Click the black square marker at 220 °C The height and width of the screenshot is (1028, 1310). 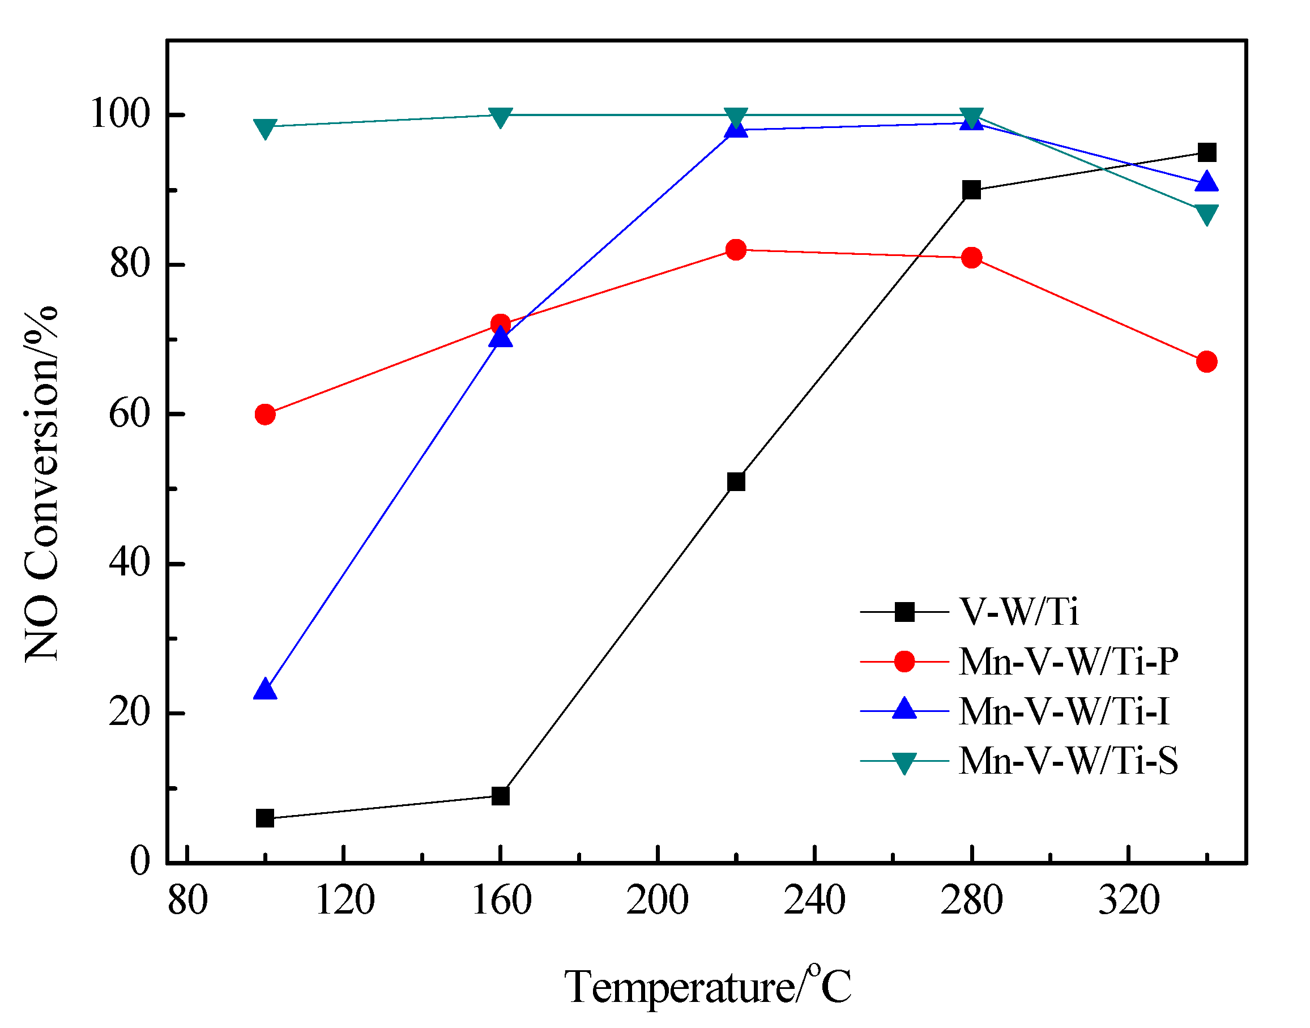point(736,481)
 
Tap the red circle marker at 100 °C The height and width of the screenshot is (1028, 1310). point(264,414)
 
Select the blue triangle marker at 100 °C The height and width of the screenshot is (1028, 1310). point(264,690)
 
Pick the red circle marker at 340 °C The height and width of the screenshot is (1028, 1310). point(1206,362)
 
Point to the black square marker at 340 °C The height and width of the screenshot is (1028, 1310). point(1206,152)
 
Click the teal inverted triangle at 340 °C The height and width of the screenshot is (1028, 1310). point(1206,213)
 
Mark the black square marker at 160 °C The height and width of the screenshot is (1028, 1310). point(500,796)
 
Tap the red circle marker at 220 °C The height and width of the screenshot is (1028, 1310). point(736,249)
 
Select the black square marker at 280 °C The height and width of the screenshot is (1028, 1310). point(971,190)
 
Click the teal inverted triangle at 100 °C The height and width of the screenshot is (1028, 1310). point(264,127)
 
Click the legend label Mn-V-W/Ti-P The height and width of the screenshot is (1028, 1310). point(1068,662)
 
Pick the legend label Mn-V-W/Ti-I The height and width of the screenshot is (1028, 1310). point(1064,711)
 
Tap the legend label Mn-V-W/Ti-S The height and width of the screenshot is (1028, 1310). point(1068,761)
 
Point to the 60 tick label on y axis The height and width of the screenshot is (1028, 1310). point(129,414)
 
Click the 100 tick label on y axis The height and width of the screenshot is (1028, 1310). point(119,114)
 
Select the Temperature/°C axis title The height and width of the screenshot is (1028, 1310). point(707,987)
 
